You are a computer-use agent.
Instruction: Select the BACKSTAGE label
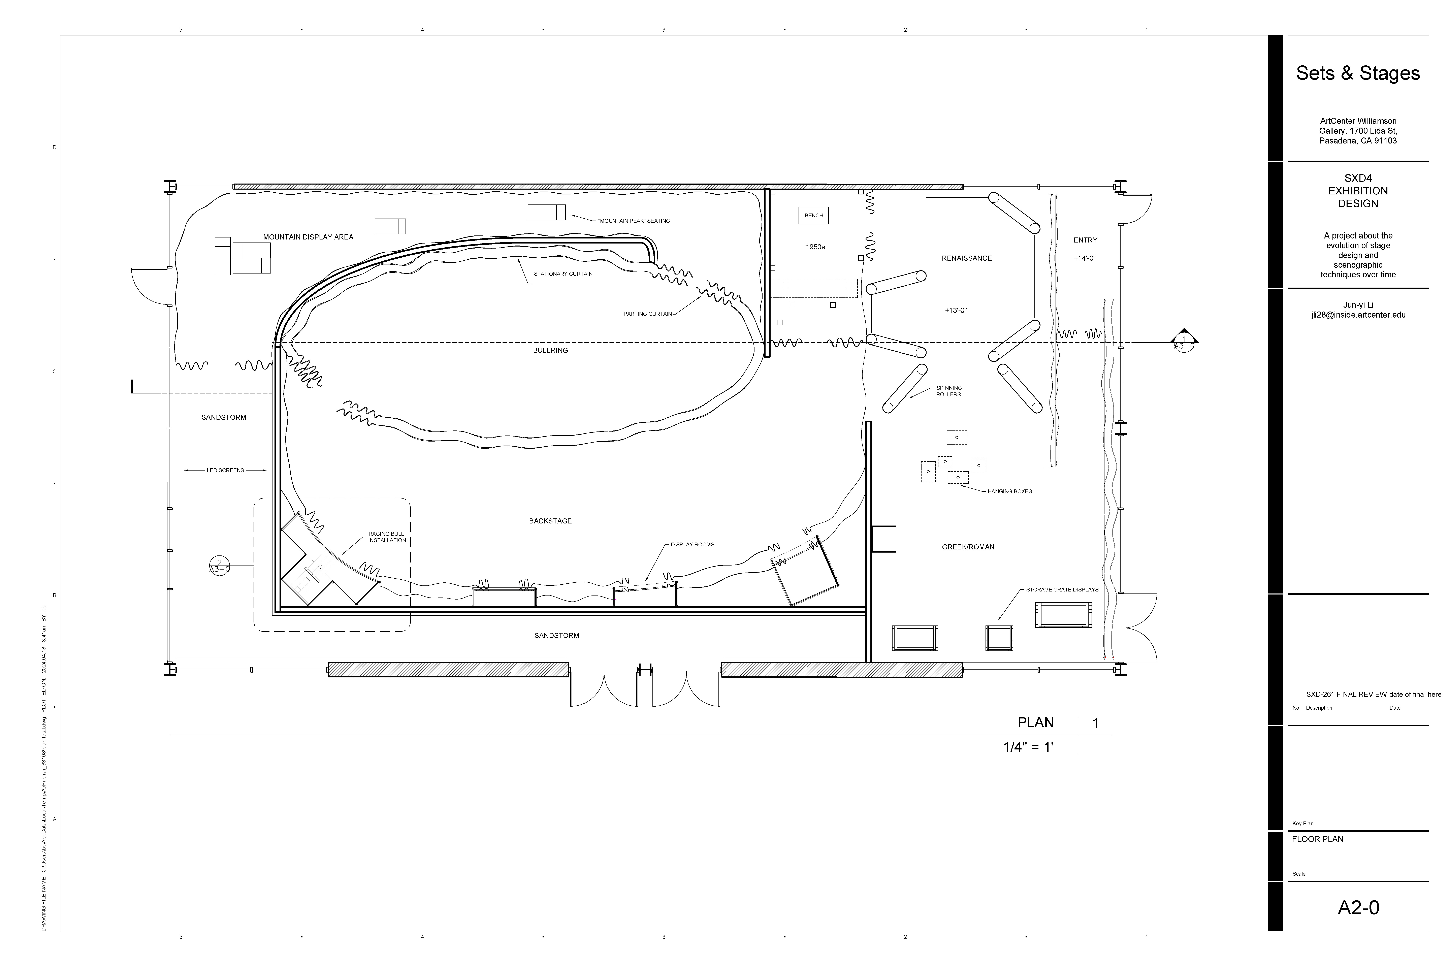pyautogui.click(x=550, y=521)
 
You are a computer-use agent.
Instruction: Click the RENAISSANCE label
pyautogui.click(x=967, y=258)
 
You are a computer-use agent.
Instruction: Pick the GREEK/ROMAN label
pyautogui.click(x=968, y=547)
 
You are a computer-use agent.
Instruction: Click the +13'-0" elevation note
pyautogui.click(x=956, y=311)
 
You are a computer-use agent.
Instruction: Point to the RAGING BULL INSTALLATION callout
pyautogui.click(x=387, y=537)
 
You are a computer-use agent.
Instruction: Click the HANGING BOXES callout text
pyautogui.click(x=1010, y=492)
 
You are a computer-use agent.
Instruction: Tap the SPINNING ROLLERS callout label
pyautogui.click(x=949, y=391)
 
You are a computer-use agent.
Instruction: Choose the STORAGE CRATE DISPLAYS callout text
pyautogui.click(x=1062, y=590)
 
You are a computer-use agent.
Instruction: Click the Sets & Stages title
pyautogui.click(x=1358, y=73)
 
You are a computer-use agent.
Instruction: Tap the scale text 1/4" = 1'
pyautogui.click(x=1028, y=747)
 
